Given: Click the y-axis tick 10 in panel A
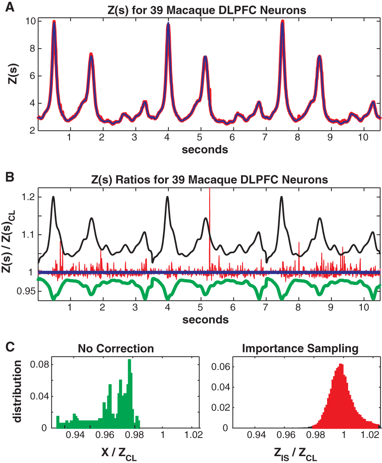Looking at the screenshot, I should coord(30,21).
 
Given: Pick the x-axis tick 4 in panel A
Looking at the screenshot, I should coord(168,137).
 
